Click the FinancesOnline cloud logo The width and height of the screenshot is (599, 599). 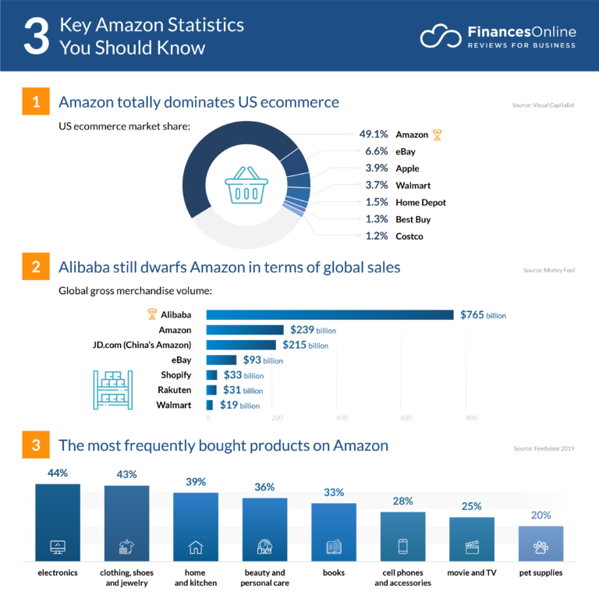point(440,36)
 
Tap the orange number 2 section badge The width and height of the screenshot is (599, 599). point(36,266)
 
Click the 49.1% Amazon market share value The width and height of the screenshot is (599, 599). point(374,135)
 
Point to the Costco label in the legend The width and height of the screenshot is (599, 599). point(409,236)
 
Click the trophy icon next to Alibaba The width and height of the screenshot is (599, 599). point(152,314)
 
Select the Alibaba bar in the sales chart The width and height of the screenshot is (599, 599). point(329,314)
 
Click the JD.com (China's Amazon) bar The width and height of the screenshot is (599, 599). point(241,345)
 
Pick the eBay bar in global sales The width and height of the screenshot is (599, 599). point(222,360)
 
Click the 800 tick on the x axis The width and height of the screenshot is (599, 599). point(471,418)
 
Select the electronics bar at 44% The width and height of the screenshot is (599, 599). point(58,523)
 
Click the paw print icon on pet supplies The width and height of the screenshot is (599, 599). point(541,547)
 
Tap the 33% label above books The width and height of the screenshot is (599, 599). point(333,492)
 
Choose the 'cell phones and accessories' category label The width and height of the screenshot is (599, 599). point(402,577)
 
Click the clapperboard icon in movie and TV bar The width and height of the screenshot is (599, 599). point(471,547)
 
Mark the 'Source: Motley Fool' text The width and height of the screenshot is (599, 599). point(549,271)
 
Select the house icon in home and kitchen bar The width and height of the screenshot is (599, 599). point(196,547)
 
